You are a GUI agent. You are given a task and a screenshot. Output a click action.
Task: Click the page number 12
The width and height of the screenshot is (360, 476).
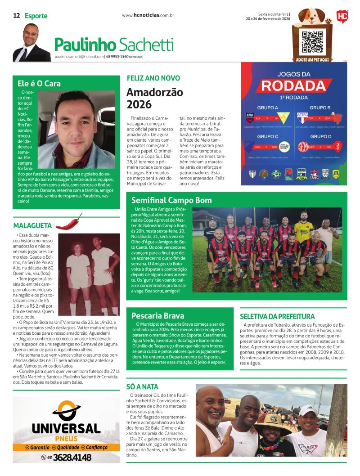tap(16, 16)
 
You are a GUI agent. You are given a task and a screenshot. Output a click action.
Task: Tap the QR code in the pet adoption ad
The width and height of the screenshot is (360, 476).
tap(312, 42)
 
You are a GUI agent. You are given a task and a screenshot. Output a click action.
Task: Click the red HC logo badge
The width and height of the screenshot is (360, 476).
tap(342, 17)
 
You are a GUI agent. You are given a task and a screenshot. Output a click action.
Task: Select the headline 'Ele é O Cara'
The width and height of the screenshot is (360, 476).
tap(39, 83)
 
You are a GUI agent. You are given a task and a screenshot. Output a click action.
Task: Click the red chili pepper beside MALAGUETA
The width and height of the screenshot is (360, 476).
tap(68, 221)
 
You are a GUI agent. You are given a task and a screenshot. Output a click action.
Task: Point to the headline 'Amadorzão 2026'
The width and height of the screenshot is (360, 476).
tap(148, 98)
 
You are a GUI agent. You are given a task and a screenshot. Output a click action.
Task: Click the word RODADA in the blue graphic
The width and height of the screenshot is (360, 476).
tap(294, 85)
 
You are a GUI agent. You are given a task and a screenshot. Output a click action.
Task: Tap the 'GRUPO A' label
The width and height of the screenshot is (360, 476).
tap(267, 108)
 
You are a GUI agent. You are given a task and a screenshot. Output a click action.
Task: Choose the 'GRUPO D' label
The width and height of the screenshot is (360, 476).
tap(320, 136)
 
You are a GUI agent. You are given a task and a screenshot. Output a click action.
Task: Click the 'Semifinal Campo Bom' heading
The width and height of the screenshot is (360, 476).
tap(169, 200)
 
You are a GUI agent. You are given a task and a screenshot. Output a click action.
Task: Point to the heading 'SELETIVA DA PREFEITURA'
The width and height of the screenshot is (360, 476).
tap(277, 316)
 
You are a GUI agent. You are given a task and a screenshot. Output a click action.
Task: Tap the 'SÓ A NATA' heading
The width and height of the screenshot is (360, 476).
tap(143, 386)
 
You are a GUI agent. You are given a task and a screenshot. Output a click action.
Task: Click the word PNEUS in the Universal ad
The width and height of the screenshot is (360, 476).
tap(66, 439)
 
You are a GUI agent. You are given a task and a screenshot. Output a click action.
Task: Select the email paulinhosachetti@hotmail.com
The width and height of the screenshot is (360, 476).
tap(79, 57)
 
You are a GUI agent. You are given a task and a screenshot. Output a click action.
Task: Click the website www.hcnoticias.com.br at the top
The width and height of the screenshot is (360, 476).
tap(148, 15)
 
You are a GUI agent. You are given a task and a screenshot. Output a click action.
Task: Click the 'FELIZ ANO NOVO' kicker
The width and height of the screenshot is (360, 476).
tap(147, 77)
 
